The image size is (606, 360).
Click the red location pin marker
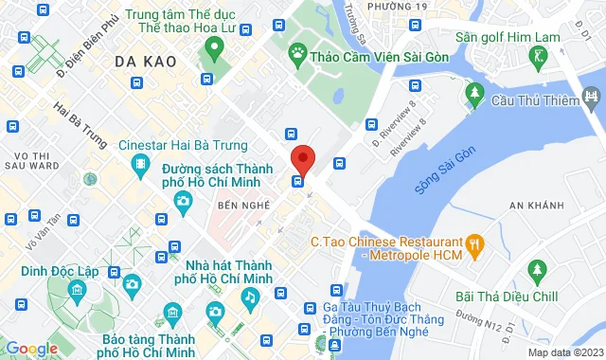point(302,158)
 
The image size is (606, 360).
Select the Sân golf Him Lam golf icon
point(539,56)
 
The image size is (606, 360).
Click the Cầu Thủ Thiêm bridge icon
point(593,96)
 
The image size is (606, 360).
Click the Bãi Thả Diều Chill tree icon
point(538,271)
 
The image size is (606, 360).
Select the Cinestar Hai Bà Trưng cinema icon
point(140,166)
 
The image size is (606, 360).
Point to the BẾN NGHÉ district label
point(239,205)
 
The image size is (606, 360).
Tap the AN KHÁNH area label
point(534,205)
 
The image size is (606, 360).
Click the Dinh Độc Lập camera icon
point(132,283)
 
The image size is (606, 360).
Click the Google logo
point(32,348)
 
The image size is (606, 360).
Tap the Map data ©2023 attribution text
point(564,352)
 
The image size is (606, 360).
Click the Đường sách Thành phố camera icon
point(182,200)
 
